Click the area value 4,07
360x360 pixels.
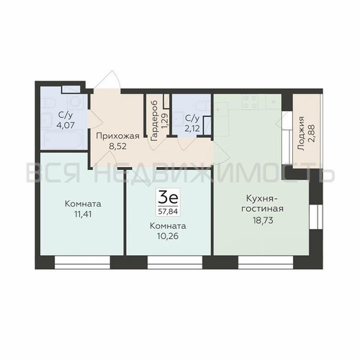click(x=65, y=125)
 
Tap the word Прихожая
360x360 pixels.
click(x=117, y=136)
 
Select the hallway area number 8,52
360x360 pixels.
click(x=117, y=146)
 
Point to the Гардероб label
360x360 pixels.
click(x=154, y=120)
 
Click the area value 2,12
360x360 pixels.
click(x=192, y=129)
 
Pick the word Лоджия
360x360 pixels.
click(x=302, y=134)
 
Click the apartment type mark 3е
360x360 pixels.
click(x=168, y=198)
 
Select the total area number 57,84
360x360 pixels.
click(x=168, y=212)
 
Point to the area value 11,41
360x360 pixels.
click(x=83, y=214)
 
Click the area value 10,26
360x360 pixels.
click(x=168, y=236)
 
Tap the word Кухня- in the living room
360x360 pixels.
click(x=262, y=199)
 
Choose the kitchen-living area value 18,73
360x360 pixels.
click(x=263, y=220)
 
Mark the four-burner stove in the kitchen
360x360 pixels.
click(x=250, y=102)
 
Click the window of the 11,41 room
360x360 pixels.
click(x=82, y=262)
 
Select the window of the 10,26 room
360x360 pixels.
click(x=175, y=262)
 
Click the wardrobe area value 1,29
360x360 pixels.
click(x=165, y=121)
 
